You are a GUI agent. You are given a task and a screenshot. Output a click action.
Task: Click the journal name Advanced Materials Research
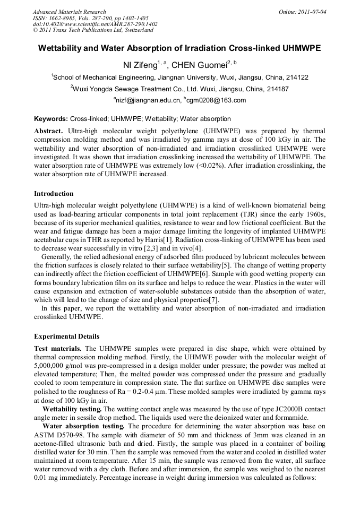pos(69,12)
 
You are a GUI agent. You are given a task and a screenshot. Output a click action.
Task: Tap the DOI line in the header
pos(95,24)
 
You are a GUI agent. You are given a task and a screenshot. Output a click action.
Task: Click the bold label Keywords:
pos(51,119)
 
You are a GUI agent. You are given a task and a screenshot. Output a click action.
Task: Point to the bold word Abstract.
pos(48,131)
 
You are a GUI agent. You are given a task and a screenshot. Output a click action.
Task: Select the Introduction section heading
pos(54,194)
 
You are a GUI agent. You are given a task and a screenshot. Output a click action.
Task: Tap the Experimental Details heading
pos(66,337)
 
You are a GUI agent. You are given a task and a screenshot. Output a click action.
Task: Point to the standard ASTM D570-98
pos(60,435)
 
